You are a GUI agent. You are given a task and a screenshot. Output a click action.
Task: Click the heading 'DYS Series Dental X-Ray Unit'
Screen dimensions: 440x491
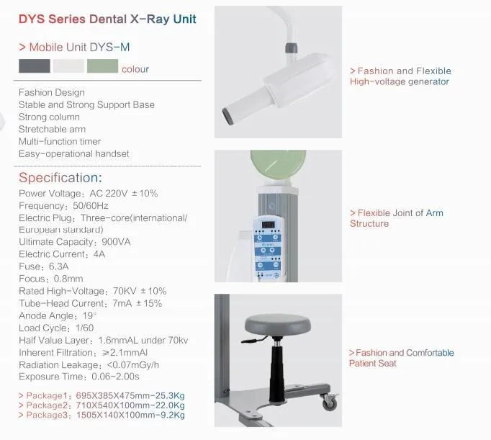pos(107,19)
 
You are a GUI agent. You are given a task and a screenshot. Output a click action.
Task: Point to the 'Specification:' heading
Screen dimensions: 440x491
pos(60,178)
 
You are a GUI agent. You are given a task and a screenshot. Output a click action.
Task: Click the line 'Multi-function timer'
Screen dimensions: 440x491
pos(60,141)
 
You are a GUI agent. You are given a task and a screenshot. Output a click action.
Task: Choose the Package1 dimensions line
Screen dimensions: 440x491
pos(102,397)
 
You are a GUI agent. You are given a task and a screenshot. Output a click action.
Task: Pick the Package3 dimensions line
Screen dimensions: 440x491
pos(102,416)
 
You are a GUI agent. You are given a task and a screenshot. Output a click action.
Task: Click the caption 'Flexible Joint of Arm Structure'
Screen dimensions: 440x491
pos(396,218)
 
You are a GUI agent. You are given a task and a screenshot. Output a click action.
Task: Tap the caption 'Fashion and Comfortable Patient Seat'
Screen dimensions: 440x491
pos(401,358)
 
